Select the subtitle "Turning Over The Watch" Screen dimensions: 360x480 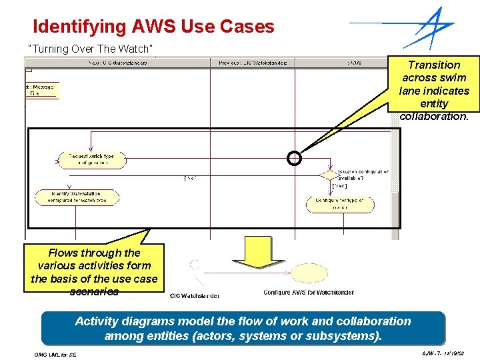pyautogui.click(x=91, y=49)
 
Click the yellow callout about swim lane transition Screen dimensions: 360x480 pyautogui.click(x=434, y=90)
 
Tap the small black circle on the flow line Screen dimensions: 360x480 pyautogui.click(x=294, y=158)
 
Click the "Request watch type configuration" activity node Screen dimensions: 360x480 pyautogui.click(x=91, y=159)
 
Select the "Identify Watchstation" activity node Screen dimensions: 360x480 pyautogui.click(x=77, y=197)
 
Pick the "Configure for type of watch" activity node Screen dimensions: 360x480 pyautogui.click(x=339, y=203)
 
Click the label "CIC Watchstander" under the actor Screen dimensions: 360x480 pyautogui.click(x=195, y=295)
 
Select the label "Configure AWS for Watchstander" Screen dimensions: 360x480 pyautogui.click(x=308, y=292)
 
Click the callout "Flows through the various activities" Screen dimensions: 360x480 pyautogui.click(x=94, y=271)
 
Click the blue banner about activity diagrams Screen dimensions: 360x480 pyautogui.click(x=243, y=328)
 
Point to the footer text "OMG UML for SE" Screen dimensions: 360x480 pyautogui.click(x=55, y=354)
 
